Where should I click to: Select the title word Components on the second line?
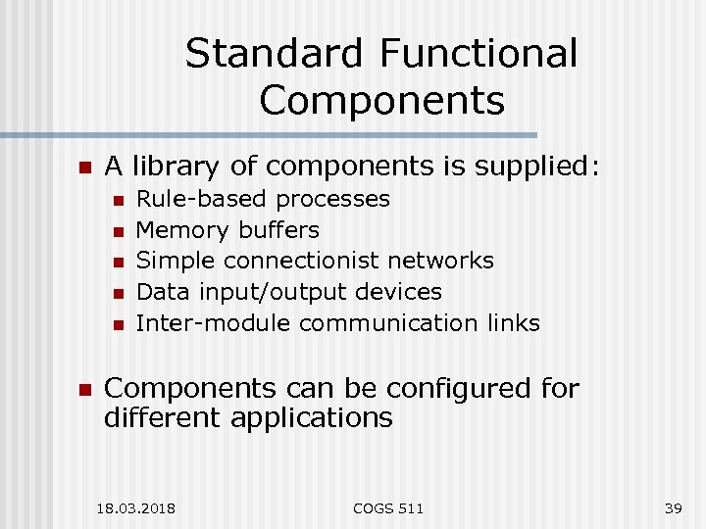click(x=382, y=100)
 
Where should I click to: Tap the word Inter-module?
click(x=214, y=322)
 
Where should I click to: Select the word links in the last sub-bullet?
click(x=512, y=322)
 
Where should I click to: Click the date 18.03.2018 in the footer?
click(x=136, y=507)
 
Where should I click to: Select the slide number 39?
click(x=673, y=507)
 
